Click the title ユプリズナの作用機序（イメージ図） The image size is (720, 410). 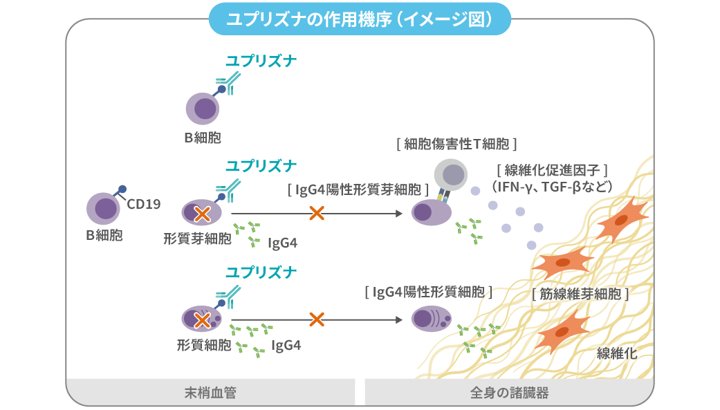[x=360, y=19]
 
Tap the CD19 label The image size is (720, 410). [x=144, y=204]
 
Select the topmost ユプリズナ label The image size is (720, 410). [x=261, y=62]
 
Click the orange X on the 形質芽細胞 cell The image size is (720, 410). [x=202, y=214]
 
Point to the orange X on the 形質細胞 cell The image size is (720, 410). [x=202, y=320]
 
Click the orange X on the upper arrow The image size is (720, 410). [x=317, y=214]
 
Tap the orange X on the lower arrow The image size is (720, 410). [x=317, y=319]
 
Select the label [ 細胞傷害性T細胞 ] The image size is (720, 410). [x=456, y=144]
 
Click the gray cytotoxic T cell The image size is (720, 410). [x=452, y=175]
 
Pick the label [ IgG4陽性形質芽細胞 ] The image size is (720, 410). [x=358, y=189]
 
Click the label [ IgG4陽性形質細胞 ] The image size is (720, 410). [x=428, y=292]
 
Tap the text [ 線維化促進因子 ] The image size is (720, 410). [x=551, y=170]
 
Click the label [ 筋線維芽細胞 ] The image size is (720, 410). [x=580, y=292]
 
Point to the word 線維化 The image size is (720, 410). [x=616, y=353]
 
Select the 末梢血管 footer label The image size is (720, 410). [x=210, y=393]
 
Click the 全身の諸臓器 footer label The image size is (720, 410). [x=509, y=393]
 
